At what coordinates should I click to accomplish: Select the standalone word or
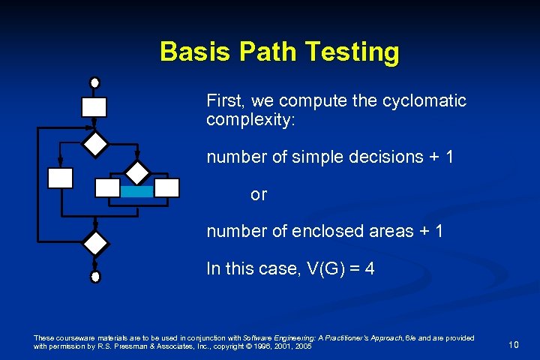[x=259, y=195]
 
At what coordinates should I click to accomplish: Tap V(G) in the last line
[x=318, y=268]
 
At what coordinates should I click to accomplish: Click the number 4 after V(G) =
[x=369, y=268]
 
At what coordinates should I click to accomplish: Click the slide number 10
[x=513, y=345]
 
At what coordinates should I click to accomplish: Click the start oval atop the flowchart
[x=94, y=82]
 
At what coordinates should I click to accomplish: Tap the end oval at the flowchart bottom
[x=95, y=277]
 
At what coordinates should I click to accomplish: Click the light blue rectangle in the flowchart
[x=136, y=192]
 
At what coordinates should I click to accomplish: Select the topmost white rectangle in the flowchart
[x=94, y=107]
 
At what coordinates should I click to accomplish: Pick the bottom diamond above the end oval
[x=95, y=244]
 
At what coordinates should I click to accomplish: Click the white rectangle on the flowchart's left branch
[x=60, y=178]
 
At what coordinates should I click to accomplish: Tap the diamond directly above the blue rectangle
[x=137, y=172]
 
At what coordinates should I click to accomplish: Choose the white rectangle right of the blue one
[x=167, y=187]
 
